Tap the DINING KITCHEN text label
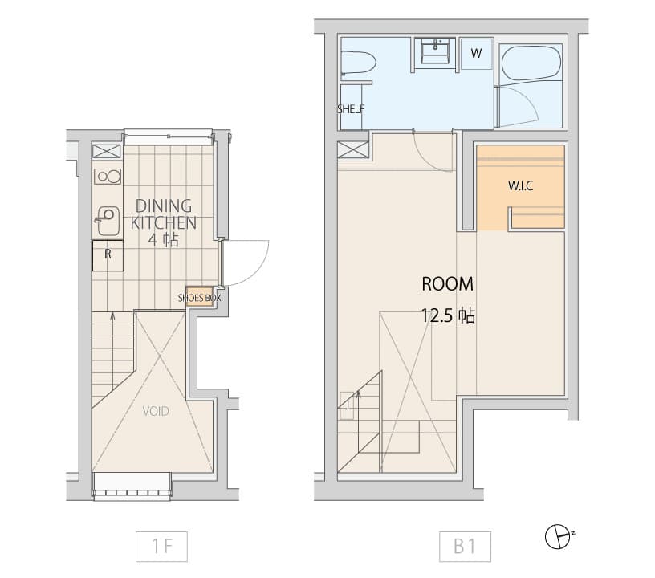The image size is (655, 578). (x=163, y=213)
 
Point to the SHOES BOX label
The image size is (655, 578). (x=199, y=297)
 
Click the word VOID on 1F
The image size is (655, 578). (x=156, y=411)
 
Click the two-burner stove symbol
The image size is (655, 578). (x=107, y=177)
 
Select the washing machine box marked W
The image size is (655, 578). (x=476, y=54)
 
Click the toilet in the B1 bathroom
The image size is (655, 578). (x=357, y=63)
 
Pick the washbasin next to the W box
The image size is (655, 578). (x=437, y=51)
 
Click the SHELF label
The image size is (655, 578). (x=351, y=109)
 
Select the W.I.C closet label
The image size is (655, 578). (x=520, y=185)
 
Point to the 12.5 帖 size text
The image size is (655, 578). (x=448, y=315)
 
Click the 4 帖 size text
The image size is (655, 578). (x=163, y=239)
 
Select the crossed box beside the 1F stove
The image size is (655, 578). (x=107, y=152)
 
